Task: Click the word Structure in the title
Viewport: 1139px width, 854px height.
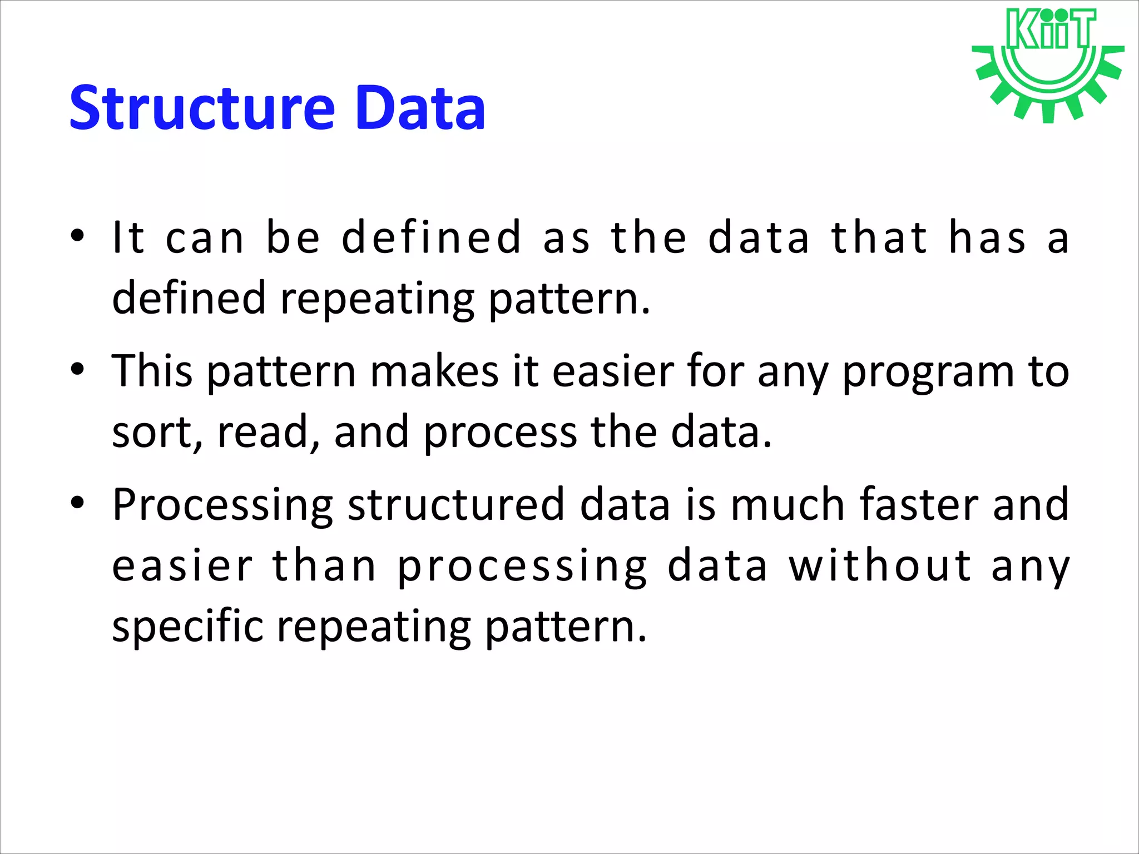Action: tap(202, 108)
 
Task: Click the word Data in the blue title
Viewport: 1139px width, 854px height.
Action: tap(420, 108)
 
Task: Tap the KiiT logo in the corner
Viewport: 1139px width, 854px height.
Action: tap(1048, 64)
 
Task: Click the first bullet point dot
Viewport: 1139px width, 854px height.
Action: tap(77, 236)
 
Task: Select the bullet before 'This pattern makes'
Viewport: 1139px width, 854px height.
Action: tap(77, 369)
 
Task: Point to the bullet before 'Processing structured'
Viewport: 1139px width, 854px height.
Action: tap(77, 503)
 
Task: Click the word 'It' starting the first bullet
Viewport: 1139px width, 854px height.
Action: tap(128, 237)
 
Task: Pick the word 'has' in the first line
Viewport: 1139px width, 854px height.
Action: tap(987, 237)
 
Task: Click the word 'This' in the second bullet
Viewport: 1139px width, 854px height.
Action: tap(152, 371)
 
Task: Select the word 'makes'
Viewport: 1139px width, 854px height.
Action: tap(434, 371)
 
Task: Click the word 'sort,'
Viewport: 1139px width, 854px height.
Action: tap(157, 433)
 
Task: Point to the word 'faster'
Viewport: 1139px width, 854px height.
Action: tap(919, 504)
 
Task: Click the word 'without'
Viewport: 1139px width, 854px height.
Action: tap(880, 565)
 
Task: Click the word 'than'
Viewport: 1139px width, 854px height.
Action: tap(324, 565)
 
